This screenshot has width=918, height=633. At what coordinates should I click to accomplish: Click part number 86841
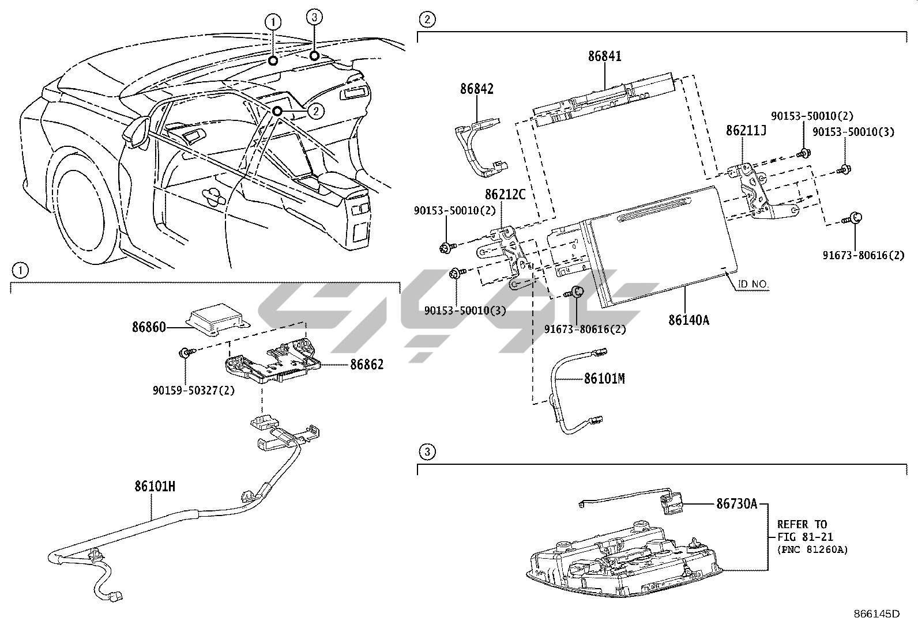(605, 56)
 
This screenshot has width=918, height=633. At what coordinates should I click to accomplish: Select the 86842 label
(476, 89)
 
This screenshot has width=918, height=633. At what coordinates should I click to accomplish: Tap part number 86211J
(746, 131)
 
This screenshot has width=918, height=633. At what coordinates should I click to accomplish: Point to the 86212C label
(505, 195)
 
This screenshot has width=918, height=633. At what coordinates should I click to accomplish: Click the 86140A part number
(688, 320)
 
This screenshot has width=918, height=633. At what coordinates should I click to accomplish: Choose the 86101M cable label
(604, 378)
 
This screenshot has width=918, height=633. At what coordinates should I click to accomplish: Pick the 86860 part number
(149, 327)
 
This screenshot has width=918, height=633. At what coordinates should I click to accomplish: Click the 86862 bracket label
(366, 365)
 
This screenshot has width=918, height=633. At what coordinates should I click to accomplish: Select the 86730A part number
(736, 504)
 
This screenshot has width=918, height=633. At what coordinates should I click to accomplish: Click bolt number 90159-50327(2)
(194, 390)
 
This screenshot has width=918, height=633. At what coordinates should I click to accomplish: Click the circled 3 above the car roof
(314, 18)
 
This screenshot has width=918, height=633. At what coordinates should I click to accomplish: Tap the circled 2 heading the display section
(427, 20)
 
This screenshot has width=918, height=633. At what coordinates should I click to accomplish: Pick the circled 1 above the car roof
(273, 22)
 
